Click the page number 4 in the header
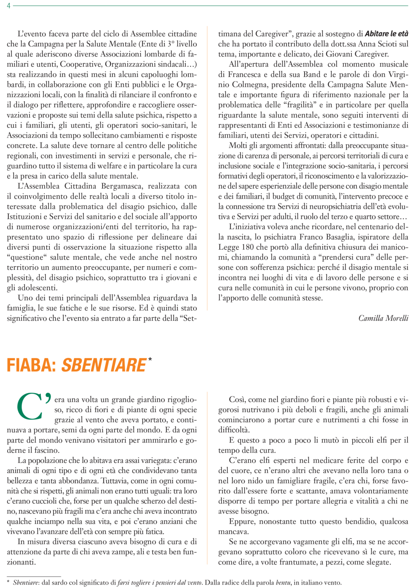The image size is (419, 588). pos(9,6)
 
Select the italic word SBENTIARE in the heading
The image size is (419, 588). pos(103,365)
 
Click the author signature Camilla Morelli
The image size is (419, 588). pos(383,318)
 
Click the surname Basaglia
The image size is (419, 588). pos(348,237)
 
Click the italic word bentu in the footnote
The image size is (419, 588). pos(283,583)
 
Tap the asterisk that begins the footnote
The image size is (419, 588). pos(8,583)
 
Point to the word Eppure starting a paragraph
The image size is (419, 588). pos(241,522)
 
